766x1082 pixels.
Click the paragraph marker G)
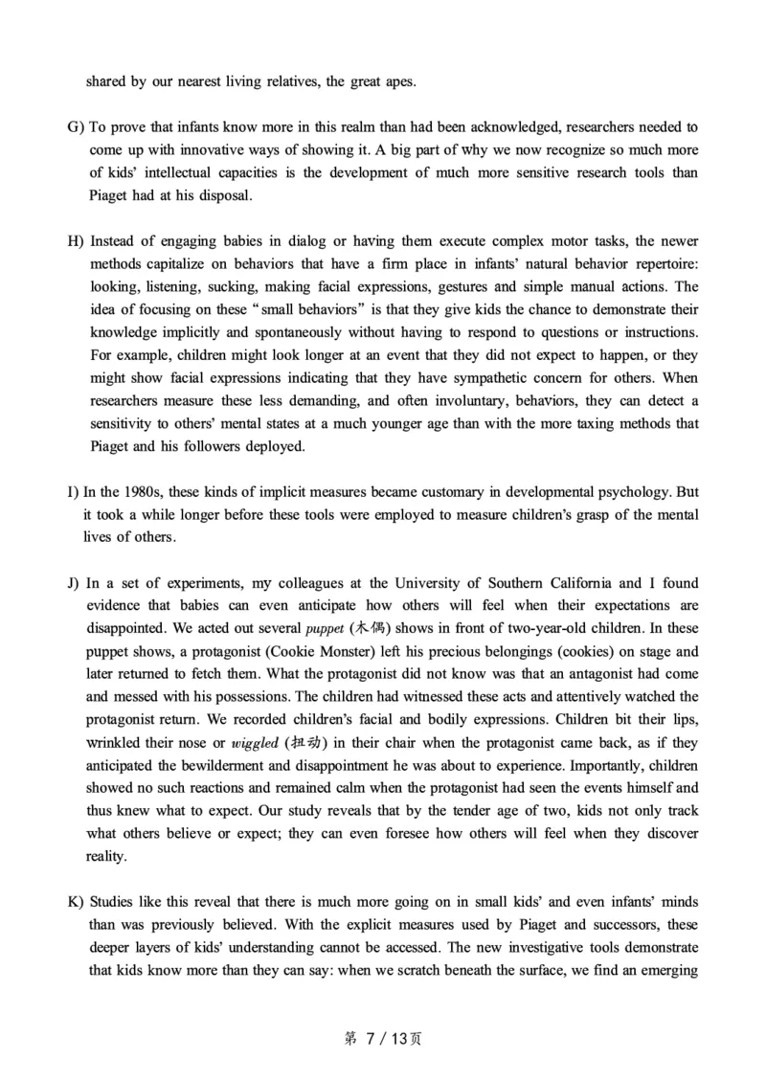click(75, 127)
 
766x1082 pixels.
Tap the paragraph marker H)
click(75, 242)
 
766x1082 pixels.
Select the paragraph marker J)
click(75, 582)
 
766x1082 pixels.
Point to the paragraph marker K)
click(75, 902)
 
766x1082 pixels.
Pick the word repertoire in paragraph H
click(658, 265)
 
